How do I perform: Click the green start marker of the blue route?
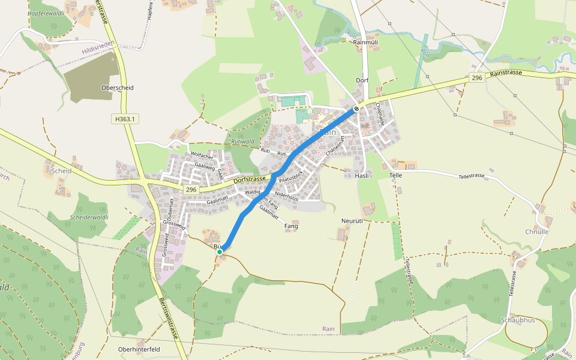(x=220, y=252)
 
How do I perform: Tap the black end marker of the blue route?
(x=356, y=109)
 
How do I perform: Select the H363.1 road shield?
(x=125, y=119)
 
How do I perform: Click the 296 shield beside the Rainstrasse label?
(x=476, y=78)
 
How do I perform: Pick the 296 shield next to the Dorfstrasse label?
(x=191, y=190)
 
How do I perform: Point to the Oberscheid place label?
(x=118, y=88)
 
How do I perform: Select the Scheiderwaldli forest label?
(x=89, y=217)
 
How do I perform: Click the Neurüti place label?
(x=352, y=221)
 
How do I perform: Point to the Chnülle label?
(x=537, y=232)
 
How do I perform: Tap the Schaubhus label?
(x=517, y=320)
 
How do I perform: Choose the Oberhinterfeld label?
(x=139, y=349)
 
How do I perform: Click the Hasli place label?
(x=361, y=175)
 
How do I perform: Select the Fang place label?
(x=291, y=226)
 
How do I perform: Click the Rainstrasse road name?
(x=506, y=73)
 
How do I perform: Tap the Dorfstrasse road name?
(x=249, y=179)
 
